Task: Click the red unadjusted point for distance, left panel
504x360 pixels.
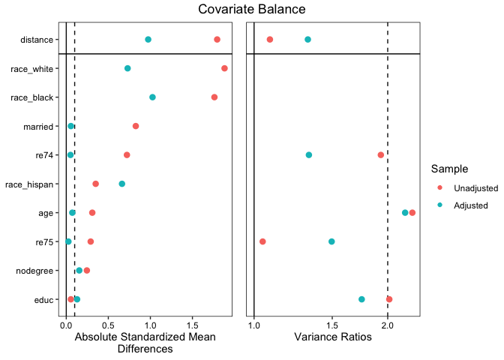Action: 217,39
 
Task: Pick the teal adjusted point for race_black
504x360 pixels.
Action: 152,97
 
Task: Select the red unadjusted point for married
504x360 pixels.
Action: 136,126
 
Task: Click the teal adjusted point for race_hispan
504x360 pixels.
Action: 122,184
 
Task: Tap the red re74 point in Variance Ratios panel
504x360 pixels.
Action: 381,154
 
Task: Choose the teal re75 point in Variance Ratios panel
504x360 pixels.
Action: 331,241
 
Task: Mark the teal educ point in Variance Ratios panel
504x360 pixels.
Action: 361,299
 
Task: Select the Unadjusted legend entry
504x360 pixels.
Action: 471,187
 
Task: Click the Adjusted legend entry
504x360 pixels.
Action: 466,205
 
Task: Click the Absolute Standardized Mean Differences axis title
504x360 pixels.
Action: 145,343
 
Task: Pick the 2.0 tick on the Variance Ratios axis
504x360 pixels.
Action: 388,325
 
